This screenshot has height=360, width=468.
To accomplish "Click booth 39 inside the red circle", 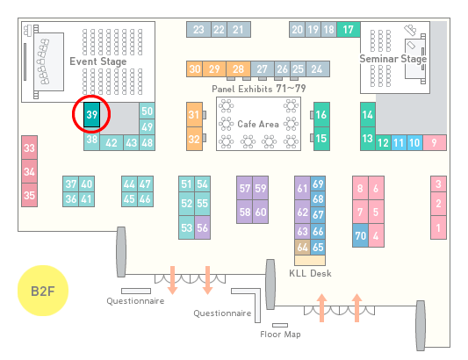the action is (x=91, y=115).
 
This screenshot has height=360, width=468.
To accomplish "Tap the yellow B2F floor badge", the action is (x=43, y=291).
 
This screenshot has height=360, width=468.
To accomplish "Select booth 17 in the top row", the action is (x=349, y=30).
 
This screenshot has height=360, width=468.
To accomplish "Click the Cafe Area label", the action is (x=258, y=124).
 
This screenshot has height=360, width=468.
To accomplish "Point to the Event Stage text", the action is (x=98, y=61).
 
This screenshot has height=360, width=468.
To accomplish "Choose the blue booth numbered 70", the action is (x=360, y=235).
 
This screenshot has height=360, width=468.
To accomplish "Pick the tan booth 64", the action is (x=302, y=247).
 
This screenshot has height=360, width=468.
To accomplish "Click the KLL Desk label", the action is (x=310, y=273).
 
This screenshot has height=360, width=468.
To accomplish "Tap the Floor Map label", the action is (x=280, y=334).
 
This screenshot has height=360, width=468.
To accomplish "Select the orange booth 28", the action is (x=238, y=69).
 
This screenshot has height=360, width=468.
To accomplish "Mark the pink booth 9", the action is (x=435, y=143).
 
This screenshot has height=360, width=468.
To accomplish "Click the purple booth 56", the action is (x=202, y=227).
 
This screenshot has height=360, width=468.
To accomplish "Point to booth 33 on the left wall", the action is (x=29, y=148).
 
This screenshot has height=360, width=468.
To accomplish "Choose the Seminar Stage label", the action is (x=393, y=59).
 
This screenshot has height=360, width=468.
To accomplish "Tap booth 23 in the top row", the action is (x=198, y=30).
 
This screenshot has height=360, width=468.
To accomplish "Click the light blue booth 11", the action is (x=399, y=143).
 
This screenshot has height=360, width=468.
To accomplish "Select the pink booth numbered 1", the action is (x=438, y=227).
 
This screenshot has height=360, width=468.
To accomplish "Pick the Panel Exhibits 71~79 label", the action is (x=259, y=89).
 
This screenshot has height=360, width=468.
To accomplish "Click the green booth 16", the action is (x=321, y=115).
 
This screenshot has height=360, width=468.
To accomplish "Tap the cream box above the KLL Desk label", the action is (x=310, y=260).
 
